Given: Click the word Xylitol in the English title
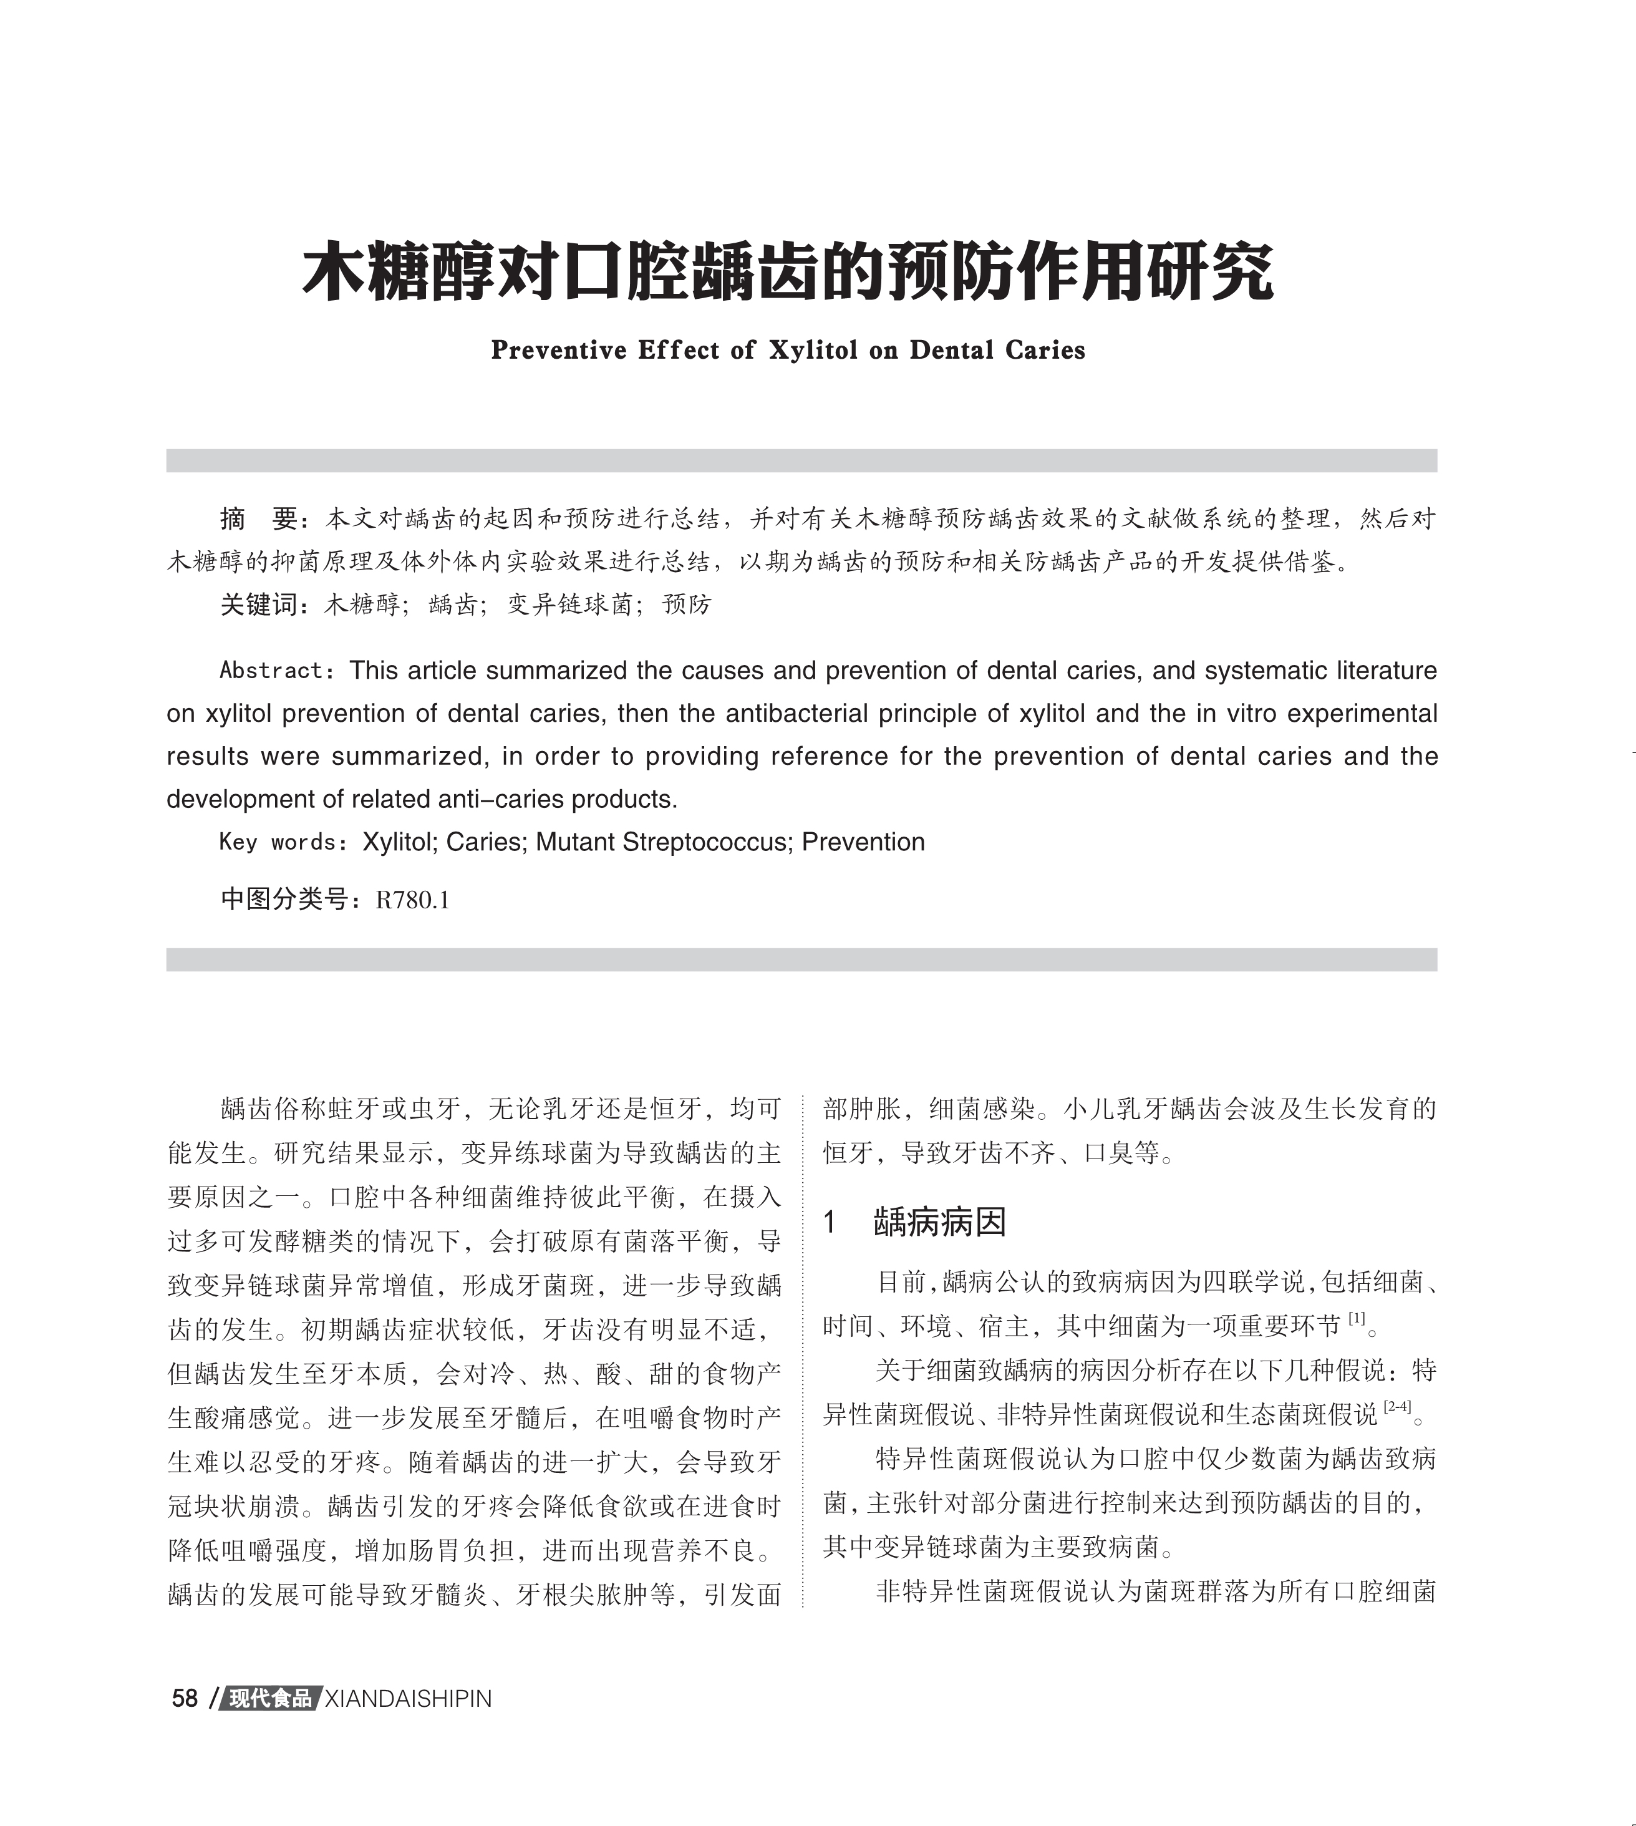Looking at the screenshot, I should [813, 350].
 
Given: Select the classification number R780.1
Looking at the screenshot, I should [413, 900].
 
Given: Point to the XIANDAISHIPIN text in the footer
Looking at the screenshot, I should [407, 1698].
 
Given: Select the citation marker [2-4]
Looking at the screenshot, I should [1397, 1407].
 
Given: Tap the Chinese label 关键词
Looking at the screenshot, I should [259, 604].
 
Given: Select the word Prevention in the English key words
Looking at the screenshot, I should [863, 842].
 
